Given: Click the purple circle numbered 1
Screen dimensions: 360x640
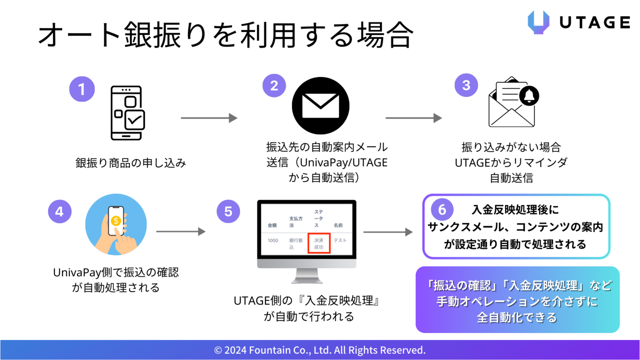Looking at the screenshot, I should tap(82, 89).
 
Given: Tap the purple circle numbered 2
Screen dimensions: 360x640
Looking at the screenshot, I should tap(274, 86).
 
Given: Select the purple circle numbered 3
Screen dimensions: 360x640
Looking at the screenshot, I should tap(466, 85).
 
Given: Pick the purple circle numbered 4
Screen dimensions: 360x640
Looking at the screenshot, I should tap(60, 212).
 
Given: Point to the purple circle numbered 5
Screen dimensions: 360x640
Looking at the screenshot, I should tap(228, 212).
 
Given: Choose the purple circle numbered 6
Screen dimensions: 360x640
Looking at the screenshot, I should tap(442, 210).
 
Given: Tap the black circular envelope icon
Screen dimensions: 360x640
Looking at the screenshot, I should tap(320, 106).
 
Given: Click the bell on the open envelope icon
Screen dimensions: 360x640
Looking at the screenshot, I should tap(529, 96).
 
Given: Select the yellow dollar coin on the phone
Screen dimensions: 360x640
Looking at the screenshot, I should tap(116, 221).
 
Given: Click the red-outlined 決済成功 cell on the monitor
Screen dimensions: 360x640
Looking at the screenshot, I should tap(319, 243).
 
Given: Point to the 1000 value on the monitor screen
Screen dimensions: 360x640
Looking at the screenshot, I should tap(273, 240).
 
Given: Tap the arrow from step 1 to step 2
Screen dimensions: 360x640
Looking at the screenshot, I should tap(209, 118).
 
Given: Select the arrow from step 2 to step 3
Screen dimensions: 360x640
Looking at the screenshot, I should tap(413, 118).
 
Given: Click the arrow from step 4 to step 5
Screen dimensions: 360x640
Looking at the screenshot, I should tap(181, 232).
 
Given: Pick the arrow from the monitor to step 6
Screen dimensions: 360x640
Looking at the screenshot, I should tap(388, 232).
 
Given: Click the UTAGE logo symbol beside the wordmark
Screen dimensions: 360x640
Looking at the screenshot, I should tap(538, 22).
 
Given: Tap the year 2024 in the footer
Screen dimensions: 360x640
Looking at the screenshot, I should tap(235, 350).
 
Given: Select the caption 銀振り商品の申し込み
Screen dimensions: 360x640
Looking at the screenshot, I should tap(130, 163).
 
